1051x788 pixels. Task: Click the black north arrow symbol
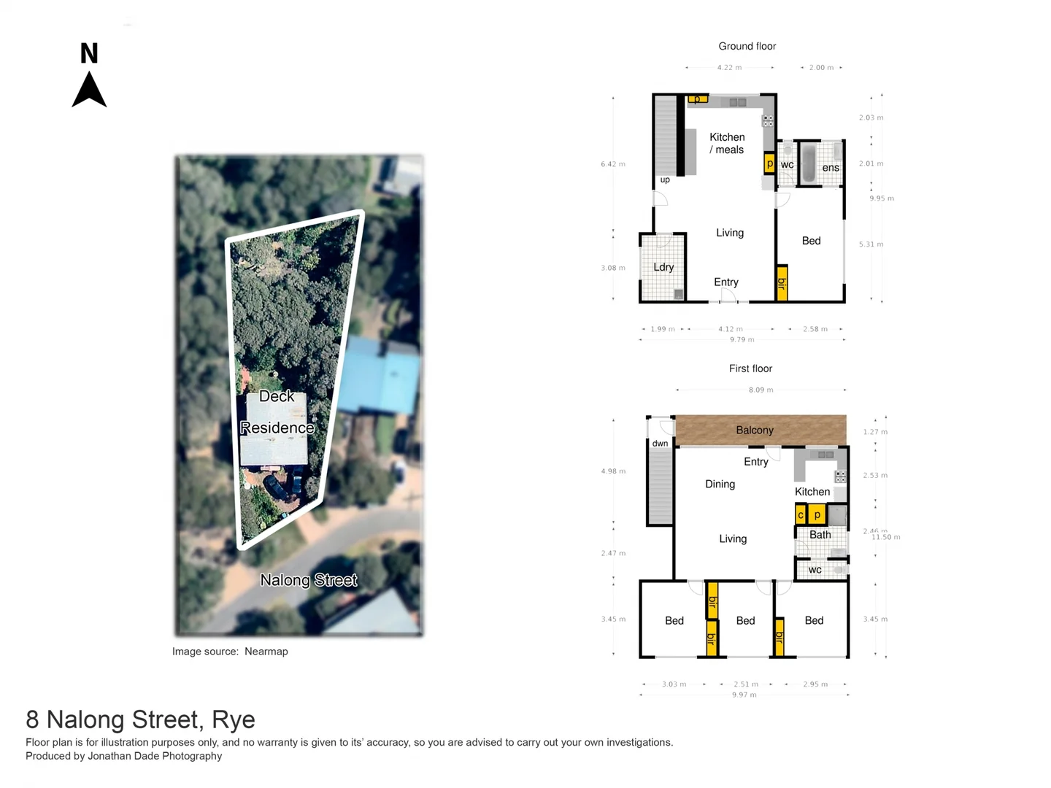click(89, 90)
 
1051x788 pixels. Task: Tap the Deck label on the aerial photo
click(277, 396)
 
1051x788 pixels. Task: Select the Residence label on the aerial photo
click(277, 428)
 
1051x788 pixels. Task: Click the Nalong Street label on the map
click(309, 580)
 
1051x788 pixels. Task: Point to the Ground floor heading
click(747, 46)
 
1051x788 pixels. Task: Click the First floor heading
click(750, 368)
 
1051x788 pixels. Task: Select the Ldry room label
click(663, 267)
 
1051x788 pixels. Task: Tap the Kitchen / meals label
click(727, 143)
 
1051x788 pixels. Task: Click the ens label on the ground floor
click(831, 168)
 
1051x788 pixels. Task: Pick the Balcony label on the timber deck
click(755, 430)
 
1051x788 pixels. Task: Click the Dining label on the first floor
click(720, 484)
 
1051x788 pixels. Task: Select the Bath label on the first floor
click(820, 535)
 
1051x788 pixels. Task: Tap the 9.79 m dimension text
click(742, 339)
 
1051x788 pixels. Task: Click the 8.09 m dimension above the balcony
click(761, 390)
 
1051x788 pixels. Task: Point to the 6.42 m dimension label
click(613, 164)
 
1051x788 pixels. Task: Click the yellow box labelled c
click(801, 515)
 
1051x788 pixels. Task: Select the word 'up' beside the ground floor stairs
click(665, 179)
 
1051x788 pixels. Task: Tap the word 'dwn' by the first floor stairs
click(660, 444)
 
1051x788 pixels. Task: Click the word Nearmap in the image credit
click(266, 652)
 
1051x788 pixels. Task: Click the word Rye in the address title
click(234, 720)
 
